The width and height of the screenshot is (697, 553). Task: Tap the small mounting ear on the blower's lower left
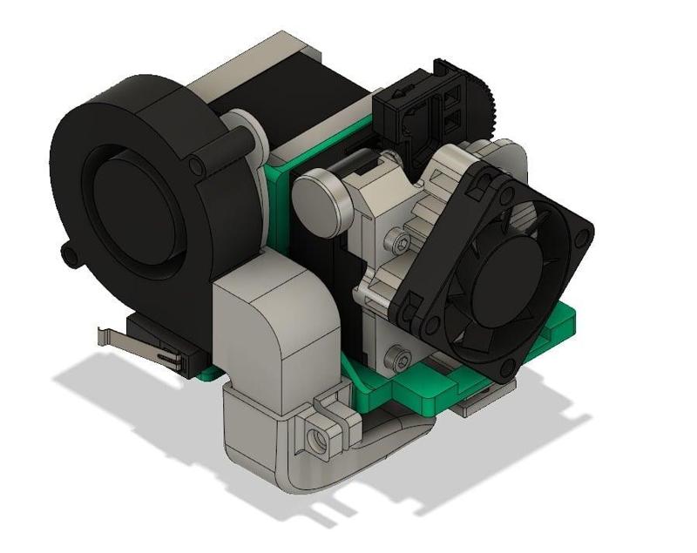(x=69, y=253)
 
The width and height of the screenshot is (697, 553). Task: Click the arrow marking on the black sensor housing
(x=403, y=90)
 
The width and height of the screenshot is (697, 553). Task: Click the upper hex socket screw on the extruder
(x=400, y=239)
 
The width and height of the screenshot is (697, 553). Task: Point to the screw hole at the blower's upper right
(x=200, y=163)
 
